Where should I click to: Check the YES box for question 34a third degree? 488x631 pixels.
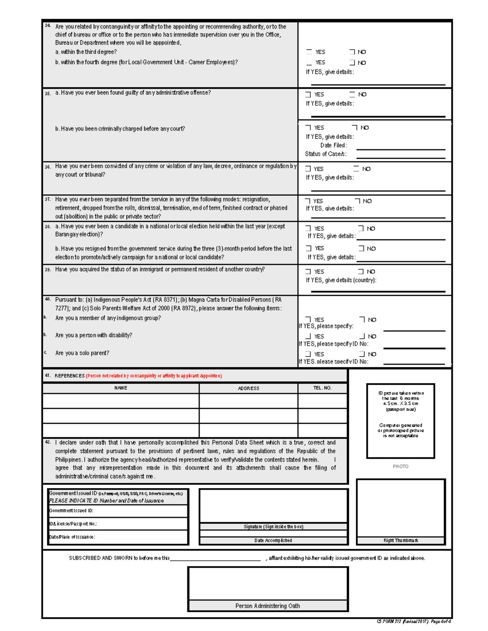(309, 52)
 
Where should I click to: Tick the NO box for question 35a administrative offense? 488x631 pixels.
(352, 94)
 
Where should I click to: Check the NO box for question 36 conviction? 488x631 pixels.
(356, 169)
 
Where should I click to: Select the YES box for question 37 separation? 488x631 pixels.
(308, 201)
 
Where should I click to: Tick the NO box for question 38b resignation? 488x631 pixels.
(361, 248)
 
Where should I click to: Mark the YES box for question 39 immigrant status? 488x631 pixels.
(308, 271)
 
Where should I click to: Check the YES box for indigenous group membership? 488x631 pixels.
(308, 320)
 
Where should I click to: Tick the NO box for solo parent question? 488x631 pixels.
(362, 354)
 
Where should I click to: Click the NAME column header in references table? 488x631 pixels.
(121, 388)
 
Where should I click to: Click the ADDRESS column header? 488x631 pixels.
(248, 388)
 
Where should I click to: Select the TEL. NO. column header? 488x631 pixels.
(322, 388)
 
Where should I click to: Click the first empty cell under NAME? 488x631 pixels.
(121, 401)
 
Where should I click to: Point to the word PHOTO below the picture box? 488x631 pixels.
(400, 466)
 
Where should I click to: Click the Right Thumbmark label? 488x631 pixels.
(401, 540)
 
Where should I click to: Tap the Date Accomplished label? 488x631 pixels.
(273, 540)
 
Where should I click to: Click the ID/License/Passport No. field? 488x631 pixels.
(118, 524)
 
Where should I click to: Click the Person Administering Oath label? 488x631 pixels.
(268, 606)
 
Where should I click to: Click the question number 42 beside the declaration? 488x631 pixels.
(48, 442)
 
